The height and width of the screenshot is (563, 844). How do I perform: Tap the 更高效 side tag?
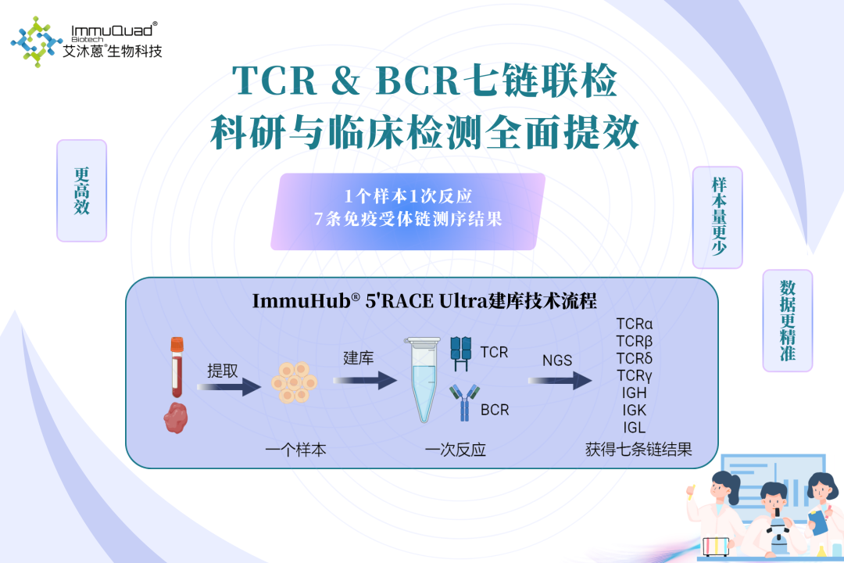coord(81,190)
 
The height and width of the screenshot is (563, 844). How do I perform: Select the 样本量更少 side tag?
coord(717,217)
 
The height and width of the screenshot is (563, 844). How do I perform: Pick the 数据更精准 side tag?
coord(787,320)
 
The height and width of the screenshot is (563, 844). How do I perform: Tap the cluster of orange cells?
coord(295,381)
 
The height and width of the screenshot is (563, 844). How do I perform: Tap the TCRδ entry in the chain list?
coord(634,358)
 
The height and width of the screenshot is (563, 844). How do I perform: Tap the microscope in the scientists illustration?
coord(775,532)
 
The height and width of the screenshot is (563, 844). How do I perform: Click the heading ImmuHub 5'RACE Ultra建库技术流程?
coord(424,301)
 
